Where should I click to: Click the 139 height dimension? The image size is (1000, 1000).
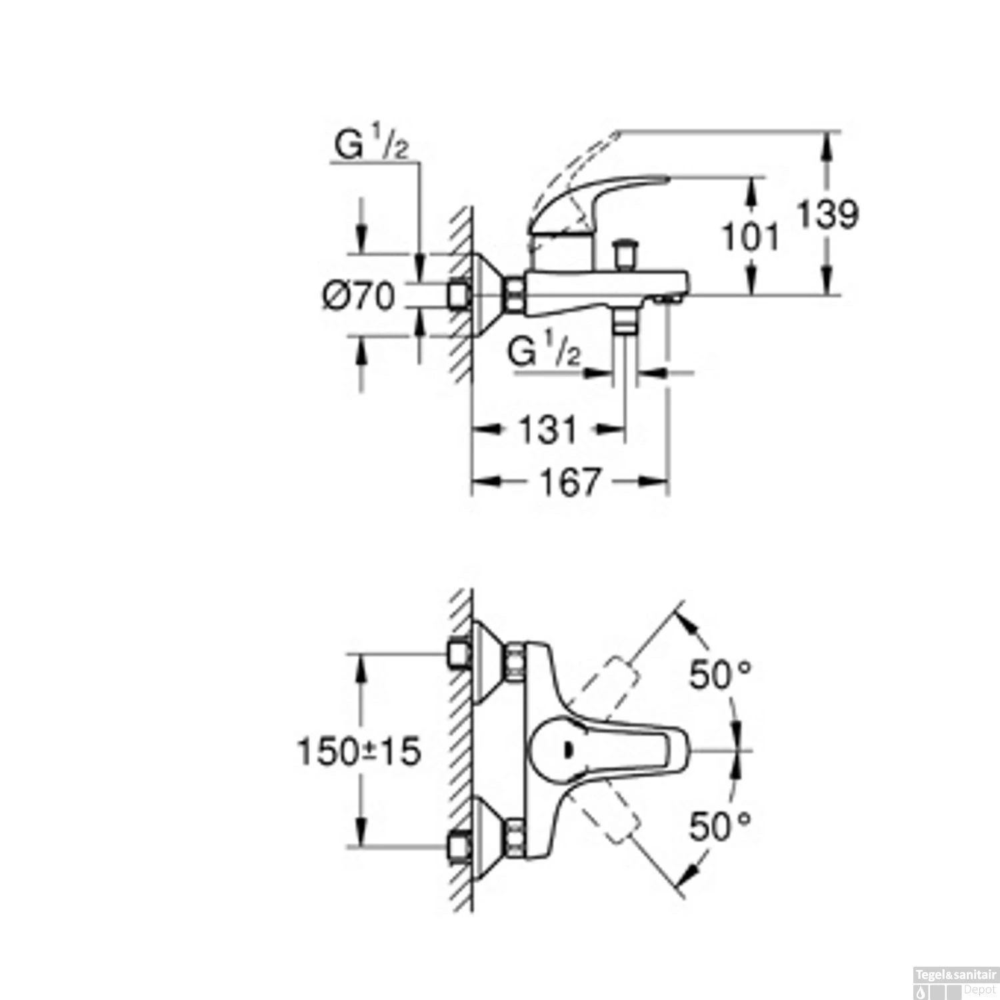click(x=828, y=215)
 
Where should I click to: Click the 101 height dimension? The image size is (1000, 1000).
click(x=751, y=237)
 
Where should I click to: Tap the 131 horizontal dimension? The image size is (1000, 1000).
click(x=547, y=430)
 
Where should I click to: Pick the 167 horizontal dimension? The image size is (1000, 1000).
click(x=570, y=481)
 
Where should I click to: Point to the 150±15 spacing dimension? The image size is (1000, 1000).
click(x=359, y=751)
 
